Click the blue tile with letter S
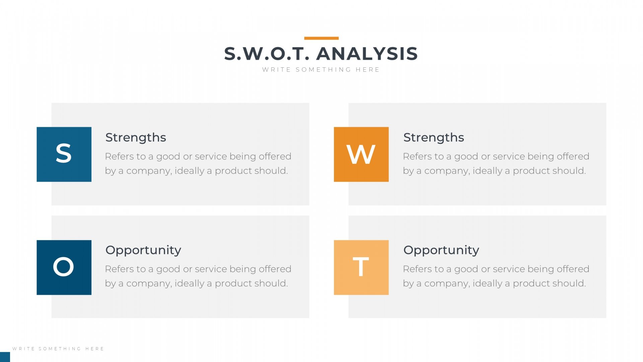click(x=64, y=154)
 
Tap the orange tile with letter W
click(x=361, y=154)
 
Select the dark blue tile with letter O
click(x=64, y=267)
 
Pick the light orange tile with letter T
click(x=361, y=267)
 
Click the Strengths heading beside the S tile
click(x=136, y=137)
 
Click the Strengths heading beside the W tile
click(x=434, y=137)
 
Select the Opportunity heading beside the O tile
click(x=143, y=250)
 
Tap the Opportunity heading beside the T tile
click(x=441, y=250)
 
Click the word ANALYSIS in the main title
click(x=367, y=54)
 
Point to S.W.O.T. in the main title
click(x=267, y=54)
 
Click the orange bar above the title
click(x=321, y=38)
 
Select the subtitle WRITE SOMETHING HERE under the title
click(x=321, y=70)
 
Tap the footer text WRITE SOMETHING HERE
click(x=58, y=349)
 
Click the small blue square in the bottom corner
click(x=5, y=357)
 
